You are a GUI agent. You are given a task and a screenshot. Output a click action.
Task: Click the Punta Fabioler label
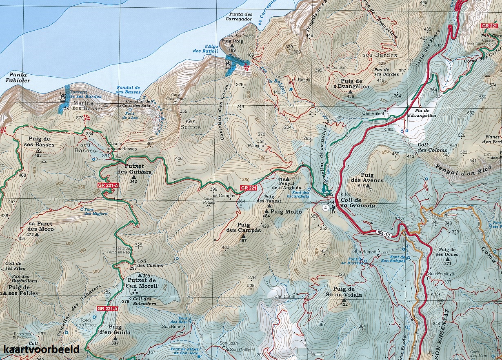(16, 78)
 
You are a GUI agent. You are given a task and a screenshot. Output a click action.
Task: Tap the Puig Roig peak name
(232, 41)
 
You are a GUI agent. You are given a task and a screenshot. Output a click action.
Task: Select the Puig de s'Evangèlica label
(351, 84)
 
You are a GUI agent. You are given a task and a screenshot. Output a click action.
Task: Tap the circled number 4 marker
(325, 208)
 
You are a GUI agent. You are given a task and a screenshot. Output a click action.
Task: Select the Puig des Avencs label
(361, 178)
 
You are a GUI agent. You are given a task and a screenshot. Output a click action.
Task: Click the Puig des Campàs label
(243, 227)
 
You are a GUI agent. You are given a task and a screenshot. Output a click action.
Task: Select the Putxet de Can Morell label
(142, 283)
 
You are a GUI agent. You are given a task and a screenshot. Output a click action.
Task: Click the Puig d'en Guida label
(115, 330)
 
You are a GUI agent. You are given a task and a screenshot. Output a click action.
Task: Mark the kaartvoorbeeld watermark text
(41, 349)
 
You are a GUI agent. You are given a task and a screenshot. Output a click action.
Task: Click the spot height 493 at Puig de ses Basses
(38, 155)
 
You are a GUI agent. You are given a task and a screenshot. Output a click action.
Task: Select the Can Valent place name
(373, 113)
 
